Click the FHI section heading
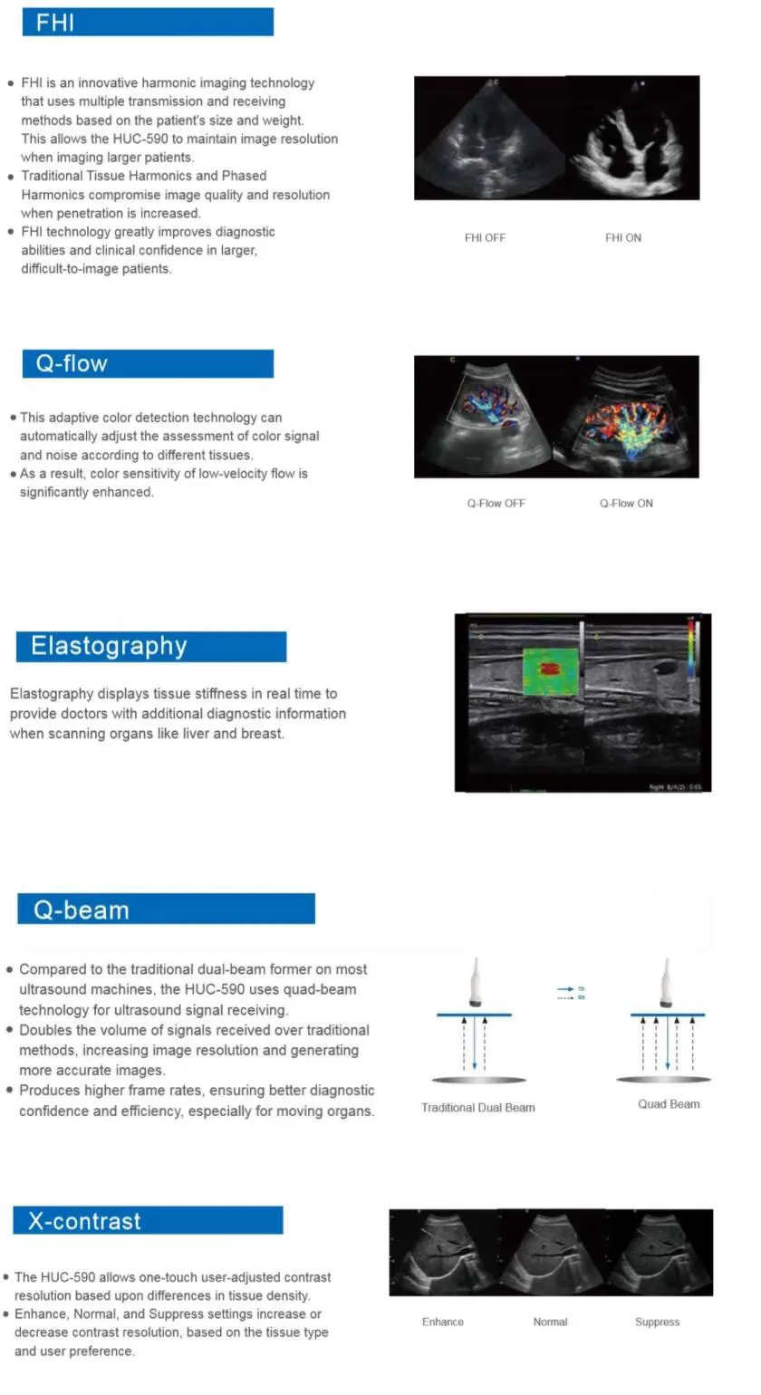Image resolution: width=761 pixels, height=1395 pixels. click(55, 22)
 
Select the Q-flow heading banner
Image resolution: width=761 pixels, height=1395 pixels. click(72, 364)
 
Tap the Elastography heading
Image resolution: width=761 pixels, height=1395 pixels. click(109, 646)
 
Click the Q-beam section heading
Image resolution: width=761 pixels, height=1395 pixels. click(82, 909)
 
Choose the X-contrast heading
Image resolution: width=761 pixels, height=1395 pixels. click(84, 1220)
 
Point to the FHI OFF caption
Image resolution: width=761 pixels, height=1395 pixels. click(485, 237)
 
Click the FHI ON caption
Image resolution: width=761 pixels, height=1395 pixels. click(623, 237)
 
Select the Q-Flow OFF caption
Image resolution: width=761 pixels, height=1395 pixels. click(496, 503)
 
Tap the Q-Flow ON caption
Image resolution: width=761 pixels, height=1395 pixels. click(626, 503)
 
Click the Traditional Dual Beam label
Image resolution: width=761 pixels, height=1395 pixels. click(477, 1107)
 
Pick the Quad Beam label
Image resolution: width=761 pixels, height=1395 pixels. click(669, 1103)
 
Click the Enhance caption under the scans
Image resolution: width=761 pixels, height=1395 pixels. click(442, 1322)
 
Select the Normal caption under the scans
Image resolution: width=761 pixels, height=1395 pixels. click(550, 1322)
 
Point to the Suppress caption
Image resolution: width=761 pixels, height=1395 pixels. click(657, 1322)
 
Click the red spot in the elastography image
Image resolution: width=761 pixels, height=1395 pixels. click(549, 669)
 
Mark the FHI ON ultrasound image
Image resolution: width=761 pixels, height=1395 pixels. click(632, 138)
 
